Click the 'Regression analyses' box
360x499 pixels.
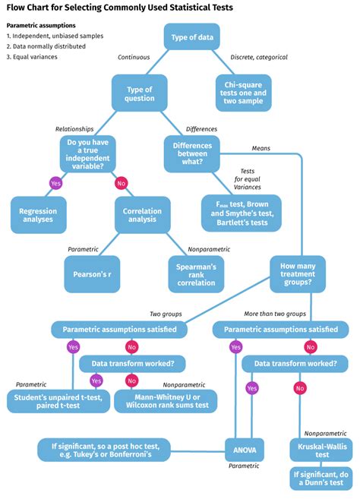tap(38, 215)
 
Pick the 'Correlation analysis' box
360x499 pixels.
tap(142, 215)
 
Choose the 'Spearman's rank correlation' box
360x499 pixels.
tap(197, 273)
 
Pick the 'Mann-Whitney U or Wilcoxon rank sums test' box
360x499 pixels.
tap(166, 400)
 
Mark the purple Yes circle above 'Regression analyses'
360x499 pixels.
tap(55, 183)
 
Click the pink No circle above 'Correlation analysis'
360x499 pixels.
tap(120, 183)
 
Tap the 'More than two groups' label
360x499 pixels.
tap(275, 313)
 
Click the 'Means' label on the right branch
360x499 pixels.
tap(261, 148)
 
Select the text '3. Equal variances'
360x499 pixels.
tap(34, 56)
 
